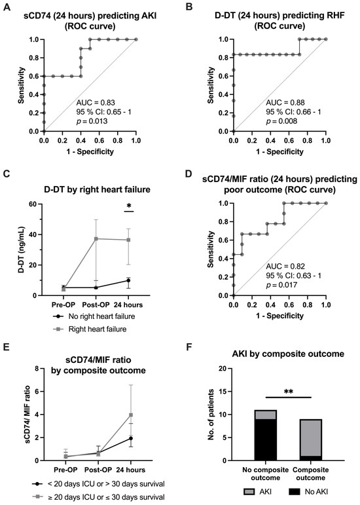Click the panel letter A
[x=7, y=7]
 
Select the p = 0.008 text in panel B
[x=281, y=121]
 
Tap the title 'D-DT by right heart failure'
[x=97, y=189]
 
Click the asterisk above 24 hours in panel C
[x=129, y=206]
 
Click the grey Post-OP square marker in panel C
[x=96, y=238]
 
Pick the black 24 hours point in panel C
[x=128, y=280]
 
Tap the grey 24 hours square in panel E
[x=131, y=415]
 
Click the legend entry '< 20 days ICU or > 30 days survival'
[x=98, y=484]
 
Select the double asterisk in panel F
[x=289, y=392]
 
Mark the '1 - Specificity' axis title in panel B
[x=280, y=151]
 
